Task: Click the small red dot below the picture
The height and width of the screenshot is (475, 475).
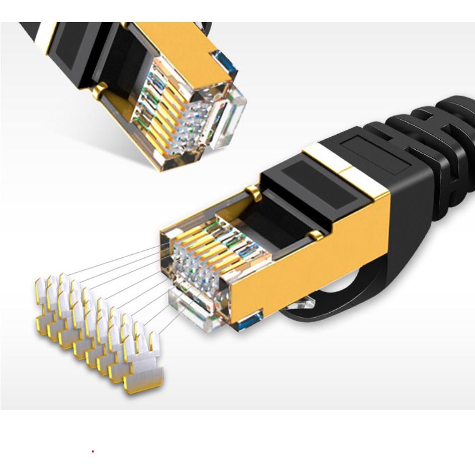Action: [x=93, y=451]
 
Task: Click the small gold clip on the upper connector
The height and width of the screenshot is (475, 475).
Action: [x=100, y=90]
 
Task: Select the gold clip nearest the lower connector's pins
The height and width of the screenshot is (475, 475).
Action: [x=254, y=193]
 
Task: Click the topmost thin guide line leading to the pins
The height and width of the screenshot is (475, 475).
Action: [x=116, y=261]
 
